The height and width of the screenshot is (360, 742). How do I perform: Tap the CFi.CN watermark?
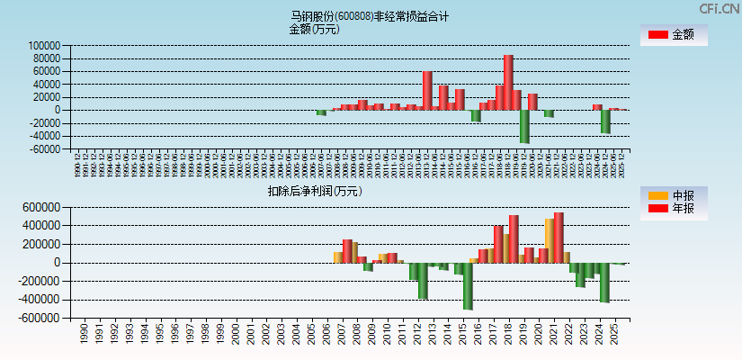719,8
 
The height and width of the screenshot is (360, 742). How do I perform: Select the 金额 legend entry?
674,34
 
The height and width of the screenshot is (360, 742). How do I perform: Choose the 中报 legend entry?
674,194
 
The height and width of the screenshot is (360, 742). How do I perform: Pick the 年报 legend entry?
674,209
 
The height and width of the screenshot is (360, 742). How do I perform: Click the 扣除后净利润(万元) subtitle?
314,191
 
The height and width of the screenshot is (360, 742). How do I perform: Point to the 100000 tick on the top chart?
44,46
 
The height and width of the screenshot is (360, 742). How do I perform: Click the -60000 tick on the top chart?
44,149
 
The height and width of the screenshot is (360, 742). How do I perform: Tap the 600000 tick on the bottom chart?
41,207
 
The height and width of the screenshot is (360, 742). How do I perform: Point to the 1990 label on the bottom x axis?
84,335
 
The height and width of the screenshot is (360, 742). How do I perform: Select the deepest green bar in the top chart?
524,126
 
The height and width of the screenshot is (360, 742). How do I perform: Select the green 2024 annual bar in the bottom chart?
604,282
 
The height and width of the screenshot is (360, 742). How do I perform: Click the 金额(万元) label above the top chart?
314,29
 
